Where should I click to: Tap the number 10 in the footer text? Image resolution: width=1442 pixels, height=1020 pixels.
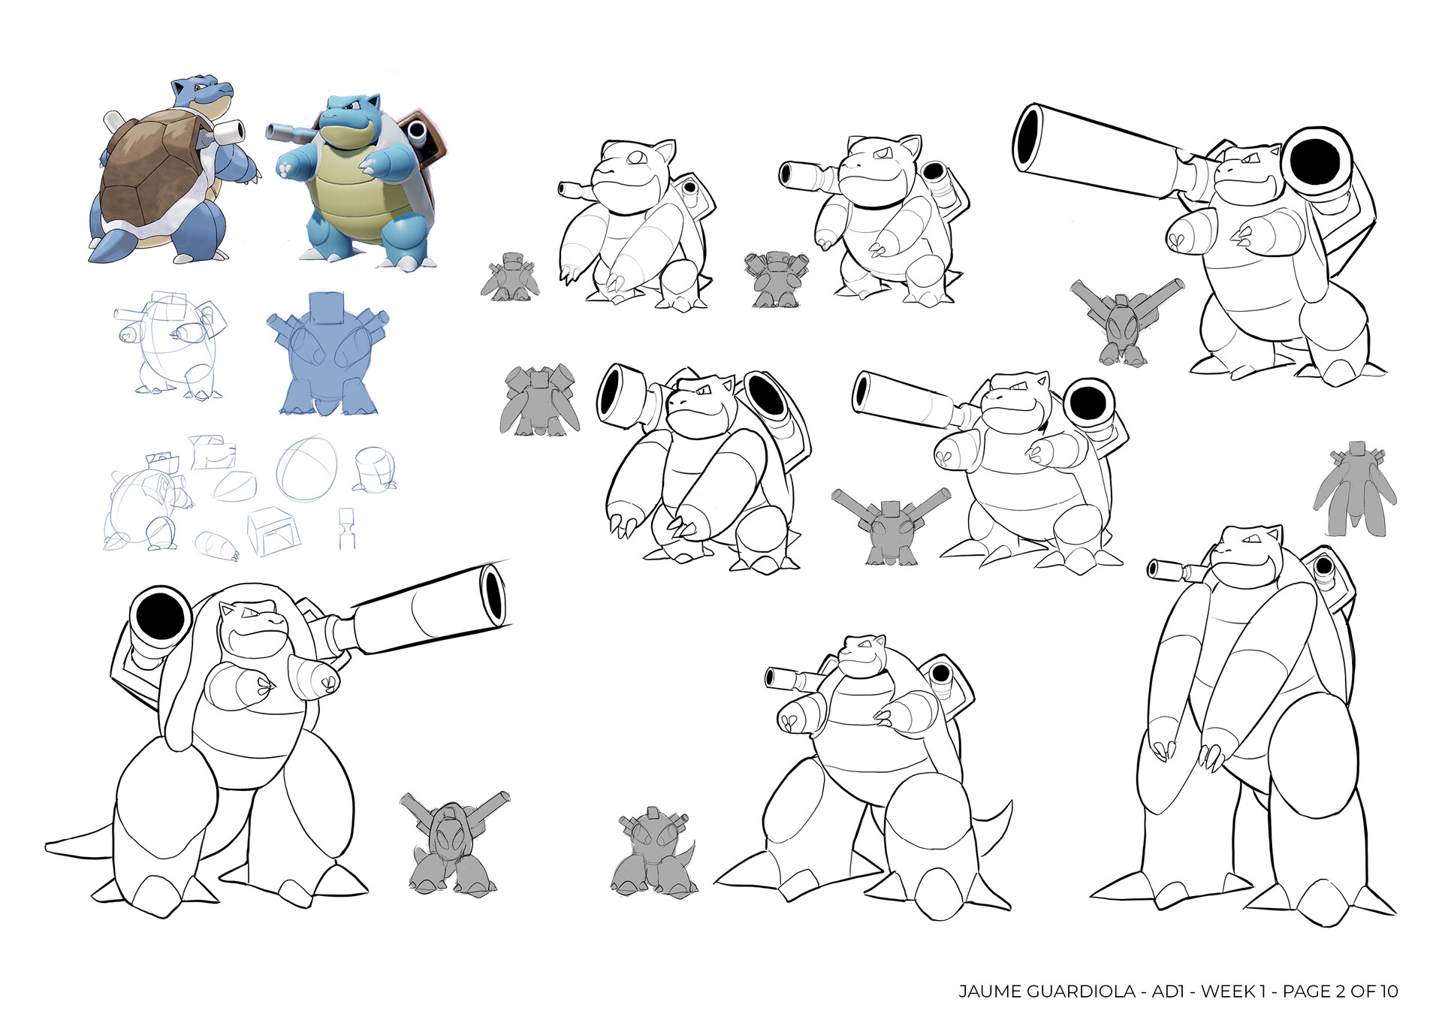point(1388,991)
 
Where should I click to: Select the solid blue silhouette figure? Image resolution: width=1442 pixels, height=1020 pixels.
point(327,357)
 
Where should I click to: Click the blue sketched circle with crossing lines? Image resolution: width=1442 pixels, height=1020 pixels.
point(306,469)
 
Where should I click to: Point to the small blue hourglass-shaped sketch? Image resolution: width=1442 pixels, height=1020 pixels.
point(346,527)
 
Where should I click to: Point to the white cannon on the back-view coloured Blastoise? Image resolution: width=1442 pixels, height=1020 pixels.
point(227,133)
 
